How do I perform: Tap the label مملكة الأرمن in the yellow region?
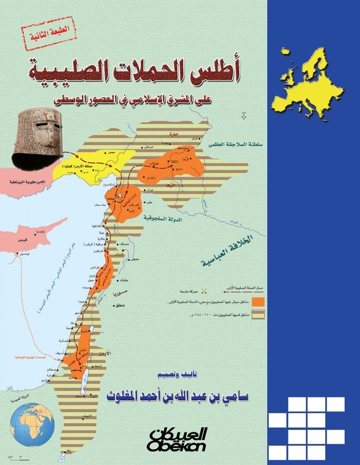(x=95, y=167)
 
